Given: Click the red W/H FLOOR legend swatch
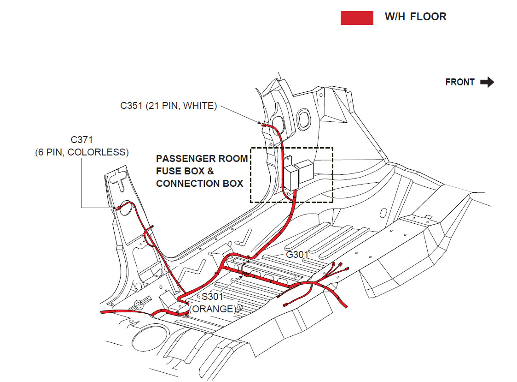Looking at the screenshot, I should [357, 18].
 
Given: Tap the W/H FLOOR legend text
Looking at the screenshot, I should [415, 17].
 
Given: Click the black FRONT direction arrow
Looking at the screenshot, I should [487, 83].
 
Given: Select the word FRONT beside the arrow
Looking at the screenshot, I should [459, 83].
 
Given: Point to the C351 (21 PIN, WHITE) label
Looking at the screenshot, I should [168, 106].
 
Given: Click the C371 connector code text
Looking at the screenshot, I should [81, 139].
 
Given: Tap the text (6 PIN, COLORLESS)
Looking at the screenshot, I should [81, 152].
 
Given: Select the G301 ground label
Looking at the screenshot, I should [297, 255].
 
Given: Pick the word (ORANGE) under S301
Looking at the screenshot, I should [212, 309].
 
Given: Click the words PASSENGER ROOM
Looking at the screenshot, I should [202, 159].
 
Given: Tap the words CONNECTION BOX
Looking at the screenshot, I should [199, 184].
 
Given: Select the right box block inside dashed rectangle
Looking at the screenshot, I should [305, 171].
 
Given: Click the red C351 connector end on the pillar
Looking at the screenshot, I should [264, 125].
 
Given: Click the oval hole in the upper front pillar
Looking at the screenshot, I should [303, 119].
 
